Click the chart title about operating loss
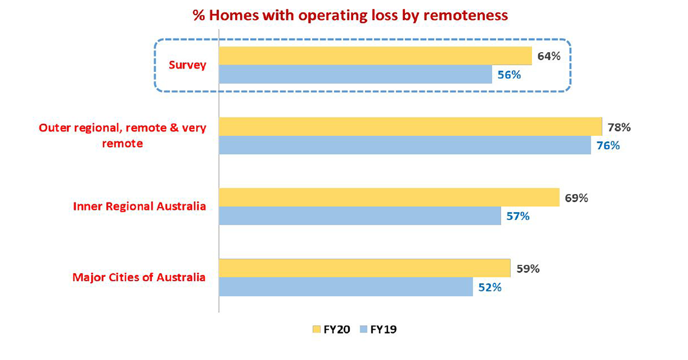click(350, 15)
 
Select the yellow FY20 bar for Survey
click(376, 56)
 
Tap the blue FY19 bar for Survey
click(355, 74)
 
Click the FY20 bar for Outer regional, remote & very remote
click(411, 127)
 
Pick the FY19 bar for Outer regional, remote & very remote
click(405, 145)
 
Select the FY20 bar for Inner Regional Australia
click(389, 197)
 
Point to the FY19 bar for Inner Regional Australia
click(360, 216)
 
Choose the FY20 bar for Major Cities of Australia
click(365, 268)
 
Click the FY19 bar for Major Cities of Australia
click(346, 287)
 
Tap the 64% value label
click(549, 56)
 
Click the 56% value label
click(509, 75)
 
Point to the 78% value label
click(619, 127)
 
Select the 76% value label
click(608, 146)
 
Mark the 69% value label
click(576, 198)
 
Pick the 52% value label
click(490, 288)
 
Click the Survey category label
click(187, 65)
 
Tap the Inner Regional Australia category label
click(140, 206)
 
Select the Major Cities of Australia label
click(139, 277)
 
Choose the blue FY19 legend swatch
click(363, 330)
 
